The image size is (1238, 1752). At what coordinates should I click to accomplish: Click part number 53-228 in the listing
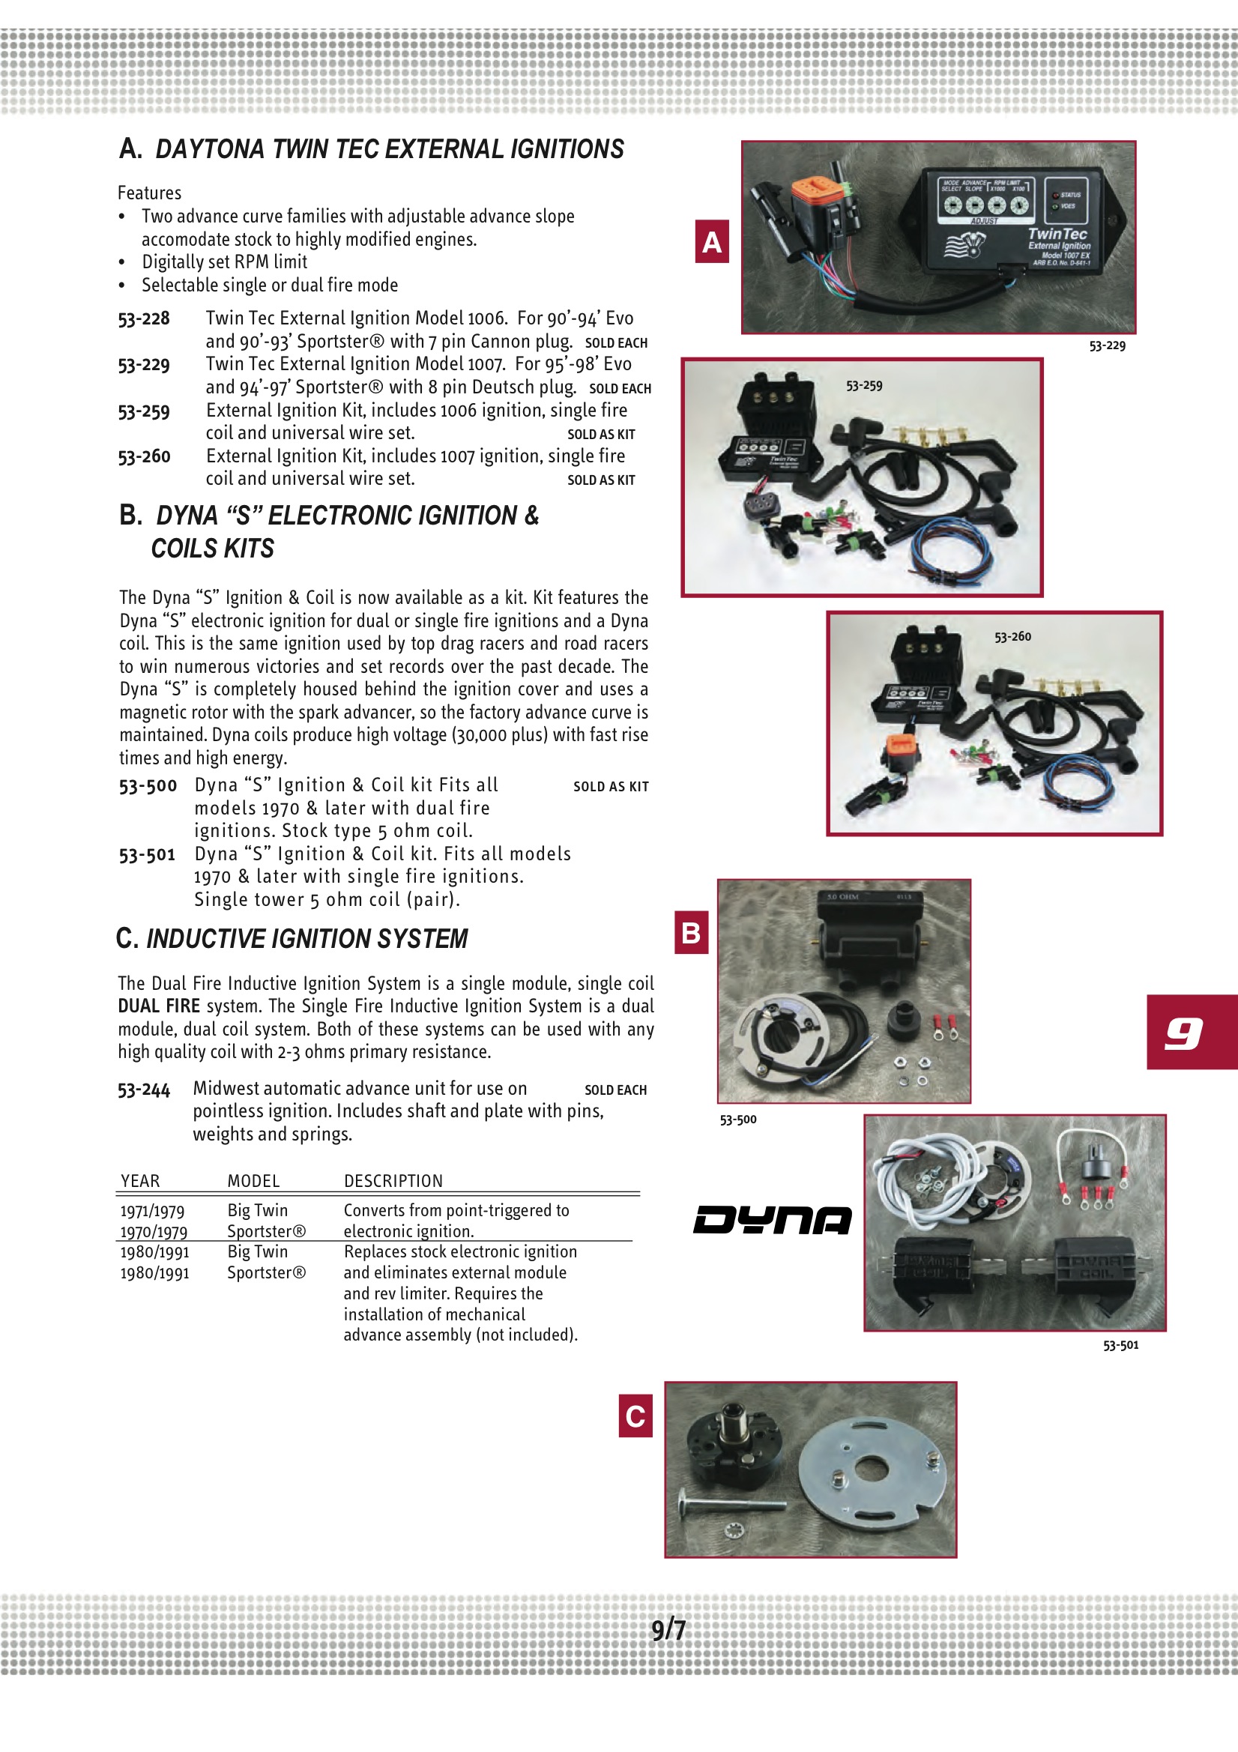[143, 318]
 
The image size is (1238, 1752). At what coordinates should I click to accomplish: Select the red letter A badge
[711, 241]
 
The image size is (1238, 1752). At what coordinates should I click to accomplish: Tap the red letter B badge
[691, 932]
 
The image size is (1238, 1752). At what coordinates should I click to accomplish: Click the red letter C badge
[635, 1416]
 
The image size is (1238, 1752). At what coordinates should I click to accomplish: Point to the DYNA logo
[772, 1219]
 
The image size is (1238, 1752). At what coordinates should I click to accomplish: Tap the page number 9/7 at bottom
[668, 1630]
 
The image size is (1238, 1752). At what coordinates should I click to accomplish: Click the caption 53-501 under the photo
[1120, 1345]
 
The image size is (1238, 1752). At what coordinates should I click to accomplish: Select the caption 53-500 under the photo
[738, 1120]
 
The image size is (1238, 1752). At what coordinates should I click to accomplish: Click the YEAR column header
[140, 1181]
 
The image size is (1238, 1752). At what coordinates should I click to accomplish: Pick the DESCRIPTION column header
[393, 1181]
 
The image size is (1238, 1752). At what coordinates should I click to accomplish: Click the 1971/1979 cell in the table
[152, 1211]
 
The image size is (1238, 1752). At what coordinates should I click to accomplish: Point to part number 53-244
[143, 1090]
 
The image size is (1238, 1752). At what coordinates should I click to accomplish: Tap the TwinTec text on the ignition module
[1057, 235]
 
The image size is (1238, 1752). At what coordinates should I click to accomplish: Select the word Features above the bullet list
[150, 193]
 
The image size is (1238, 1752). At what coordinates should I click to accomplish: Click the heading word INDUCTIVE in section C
[205, 938]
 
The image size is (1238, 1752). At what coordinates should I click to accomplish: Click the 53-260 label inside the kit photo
[1012, 636]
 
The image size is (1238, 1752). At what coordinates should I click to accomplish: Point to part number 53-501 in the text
[147, 854]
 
